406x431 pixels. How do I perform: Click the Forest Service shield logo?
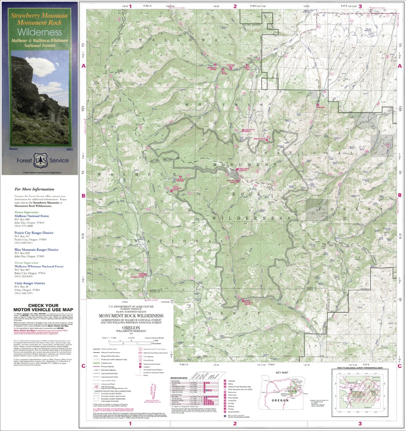click(40, 159)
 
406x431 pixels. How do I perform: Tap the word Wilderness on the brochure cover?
click(40, 32)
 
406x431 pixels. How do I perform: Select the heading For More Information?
click(34, 189)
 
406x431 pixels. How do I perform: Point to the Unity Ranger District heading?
click(29, 283)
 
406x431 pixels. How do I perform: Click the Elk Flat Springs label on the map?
click(181, 180)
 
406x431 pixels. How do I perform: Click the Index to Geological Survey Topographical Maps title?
click(359, 368)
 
